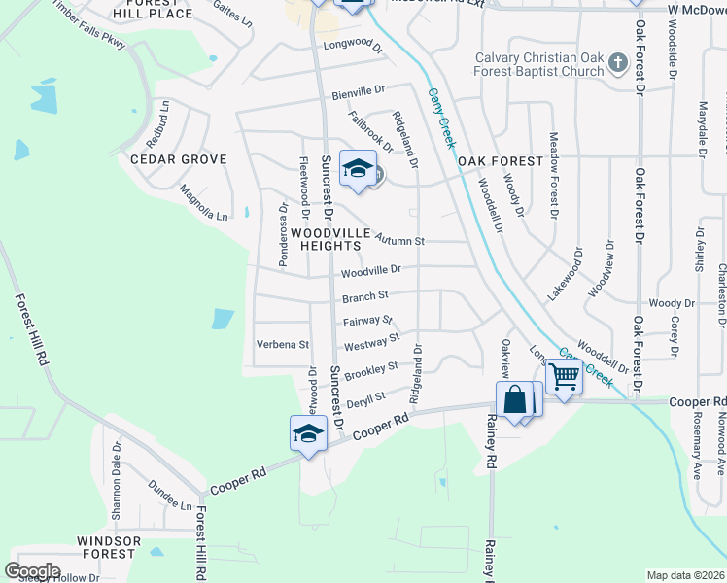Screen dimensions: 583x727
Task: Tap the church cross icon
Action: point(617,64)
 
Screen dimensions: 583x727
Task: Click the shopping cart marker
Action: point(564,375)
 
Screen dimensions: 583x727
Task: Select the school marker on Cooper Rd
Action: point(308,432)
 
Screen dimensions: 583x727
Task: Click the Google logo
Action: point(32,571)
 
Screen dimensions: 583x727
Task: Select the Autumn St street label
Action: point(399,239)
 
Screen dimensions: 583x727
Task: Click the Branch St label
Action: point(364,296)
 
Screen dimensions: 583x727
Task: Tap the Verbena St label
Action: point(282,344)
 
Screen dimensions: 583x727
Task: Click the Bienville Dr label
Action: point(359,92)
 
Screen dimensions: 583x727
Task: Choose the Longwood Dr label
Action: point(354,44)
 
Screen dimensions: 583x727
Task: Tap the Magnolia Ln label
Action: point(203,204)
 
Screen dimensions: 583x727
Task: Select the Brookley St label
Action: point(371,369)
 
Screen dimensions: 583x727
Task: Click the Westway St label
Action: point(371,342)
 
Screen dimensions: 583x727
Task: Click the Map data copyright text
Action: point(685,575)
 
